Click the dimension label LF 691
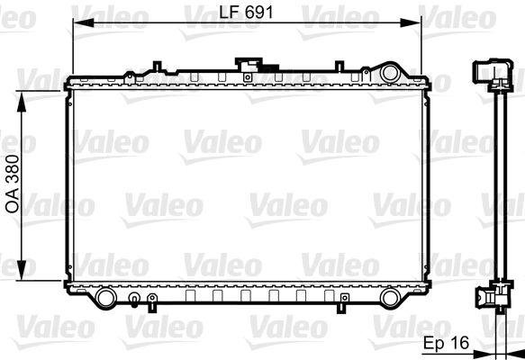click(246, 13)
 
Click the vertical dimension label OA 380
click(13, 184)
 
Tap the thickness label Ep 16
click(446, 343)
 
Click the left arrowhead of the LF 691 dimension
click(83, 22)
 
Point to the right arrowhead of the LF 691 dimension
click(411, 22)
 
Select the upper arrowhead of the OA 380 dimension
click(22, 102)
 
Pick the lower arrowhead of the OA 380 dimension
click(22, 270)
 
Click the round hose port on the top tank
click(389, 73)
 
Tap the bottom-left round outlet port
click(105, 297)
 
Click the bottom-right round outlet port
click(391, 297)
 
